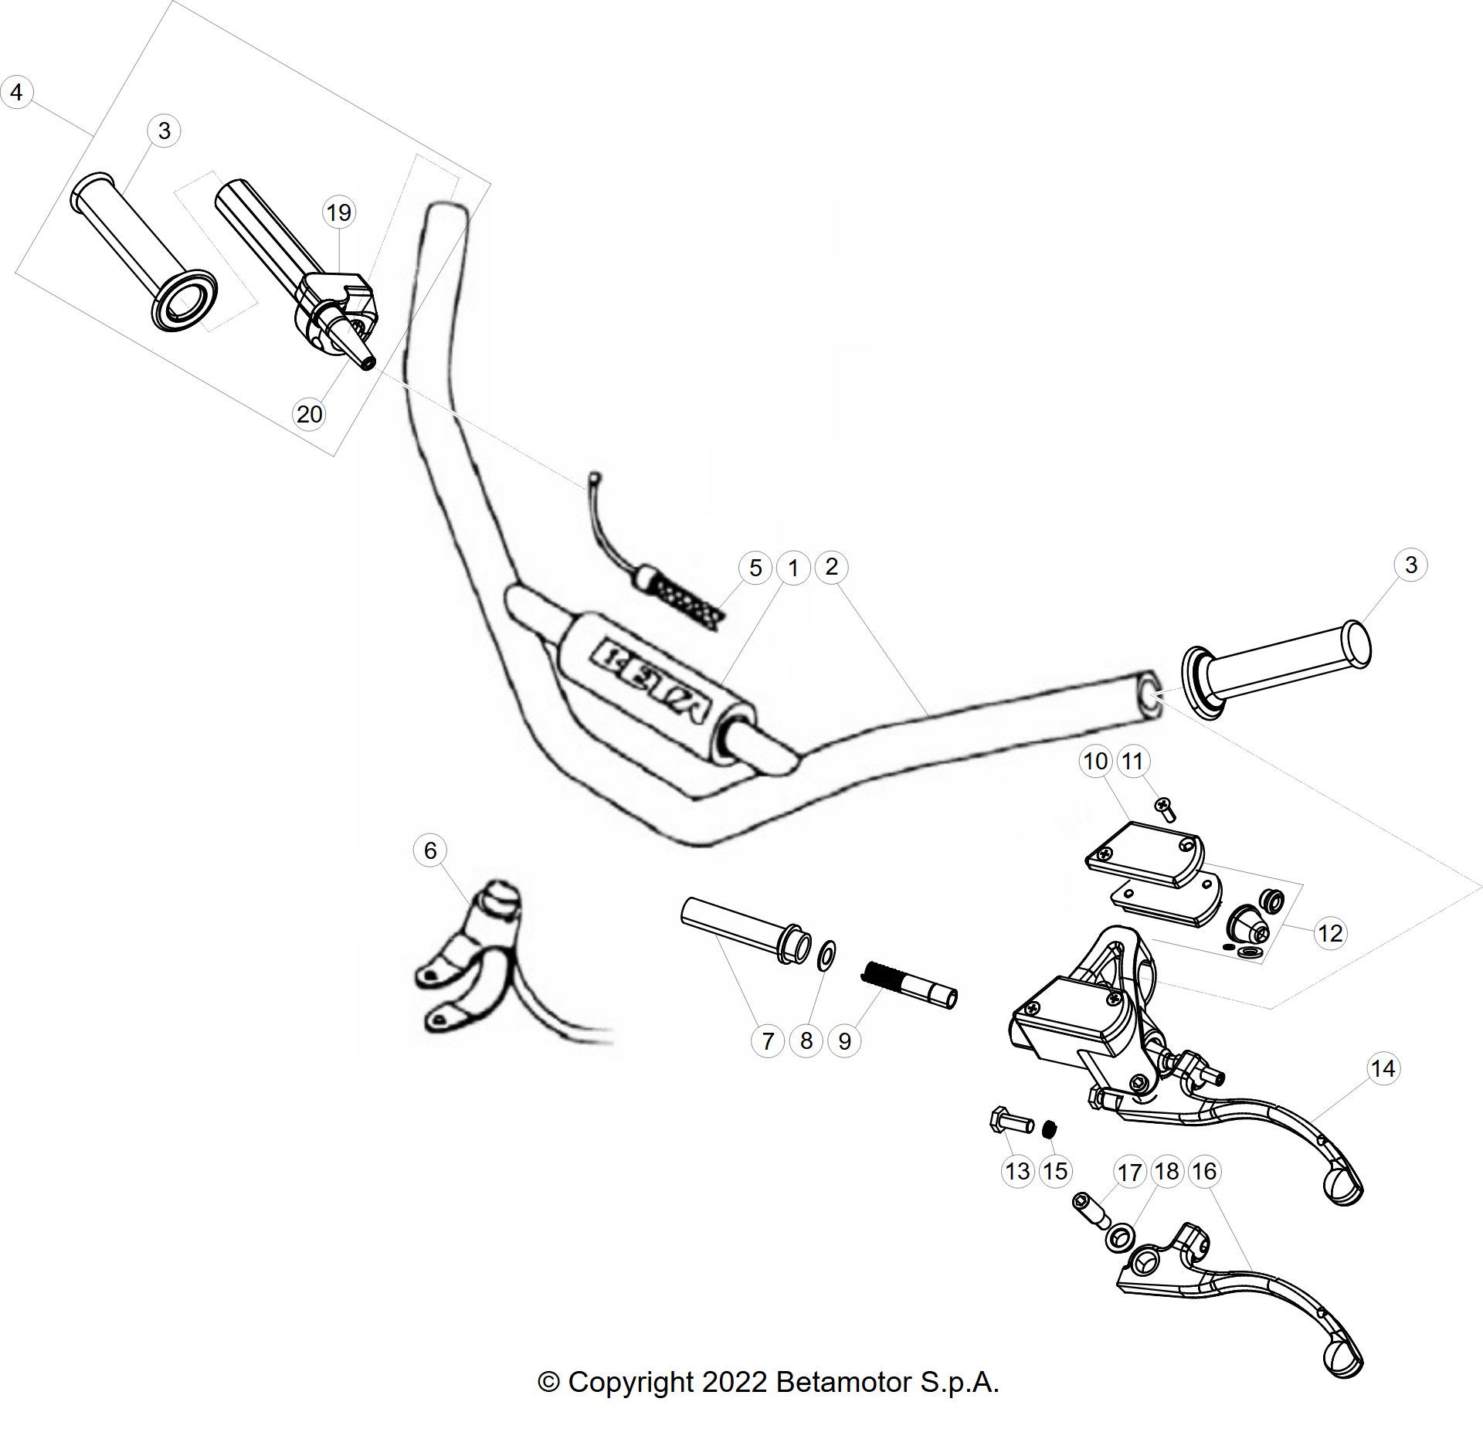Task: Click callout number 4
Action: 16,93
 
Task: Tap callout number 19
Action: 338,212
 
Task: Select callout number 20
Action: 309,415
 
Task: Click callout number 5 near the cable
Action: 755,568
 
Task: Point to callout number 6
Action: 430,850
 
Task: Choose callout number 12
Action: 1330,933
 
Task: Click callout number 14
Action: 1383,1068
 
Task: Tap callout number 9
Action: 844,1041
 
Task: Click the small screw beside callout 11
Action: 1164,809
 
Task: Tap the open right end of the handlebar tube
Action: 1147,697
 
